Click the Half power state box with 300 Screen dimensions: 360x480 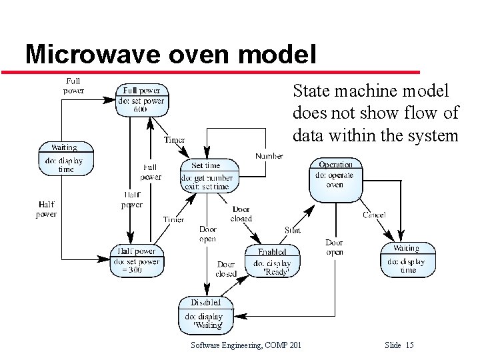pyautogui.click(x=136, y=262)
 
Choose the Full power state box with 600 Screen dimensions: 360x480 pyautogui.click(x=141, y=100)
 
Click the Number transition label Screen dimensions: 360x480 pyautogui.click(x=269, y=156)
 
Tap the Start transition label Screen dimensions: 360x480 pyautogui.click(x=292, y=230)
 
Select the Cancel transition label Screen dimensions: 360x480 pyautogui.click(x=374, y=215)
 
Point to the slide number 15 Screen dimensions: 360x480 pyautogui.click(x=409, y=345)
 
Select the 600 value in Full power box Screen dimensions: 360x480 pyautogui.click(x=141, y=109)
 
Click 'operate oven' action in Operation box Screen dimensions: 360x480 pyautogui.click(x=335, y=180)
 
